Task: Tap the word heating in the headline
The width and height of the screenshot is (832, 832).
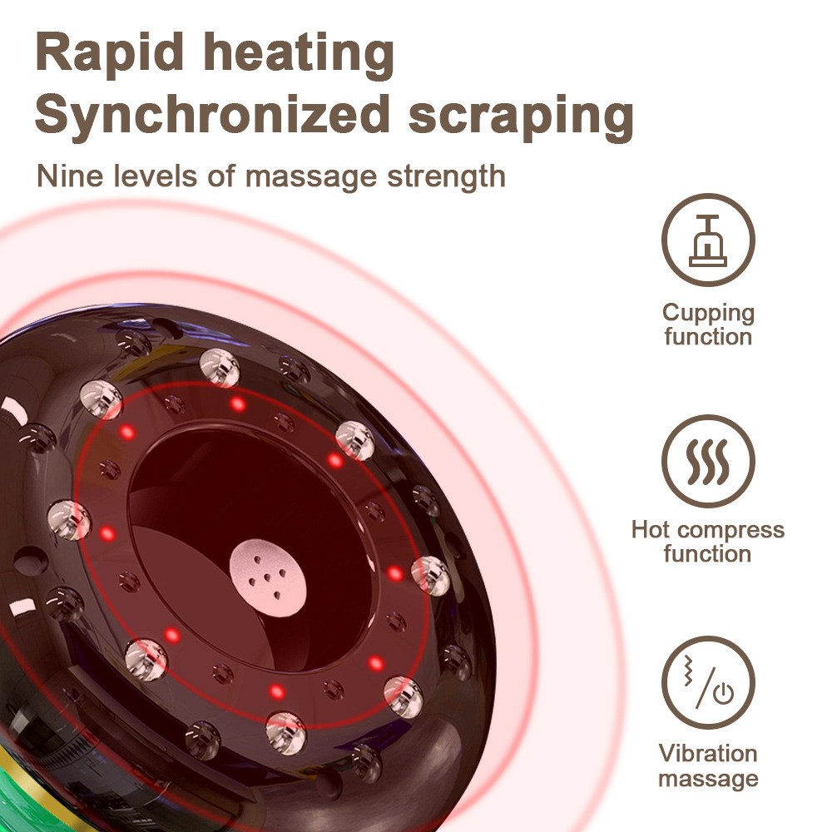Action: [x=300, y=54]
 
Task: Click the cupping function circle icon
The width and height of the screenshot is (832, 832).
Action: [x=708, y=240]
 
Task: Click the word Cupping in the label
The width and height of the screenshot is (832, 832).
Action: [x=708, y=314]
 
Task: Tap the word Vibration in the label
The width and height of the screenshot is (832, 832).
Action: [x=708, y=754]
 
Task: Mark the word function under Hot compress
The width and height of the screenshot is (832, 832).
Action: [x=708, y=553]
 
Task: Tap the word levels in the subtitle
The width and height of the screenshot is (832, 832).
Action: [x=146, y=176]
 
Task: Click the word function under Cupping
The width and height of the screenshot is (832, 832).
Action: [x=708, y=337]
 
